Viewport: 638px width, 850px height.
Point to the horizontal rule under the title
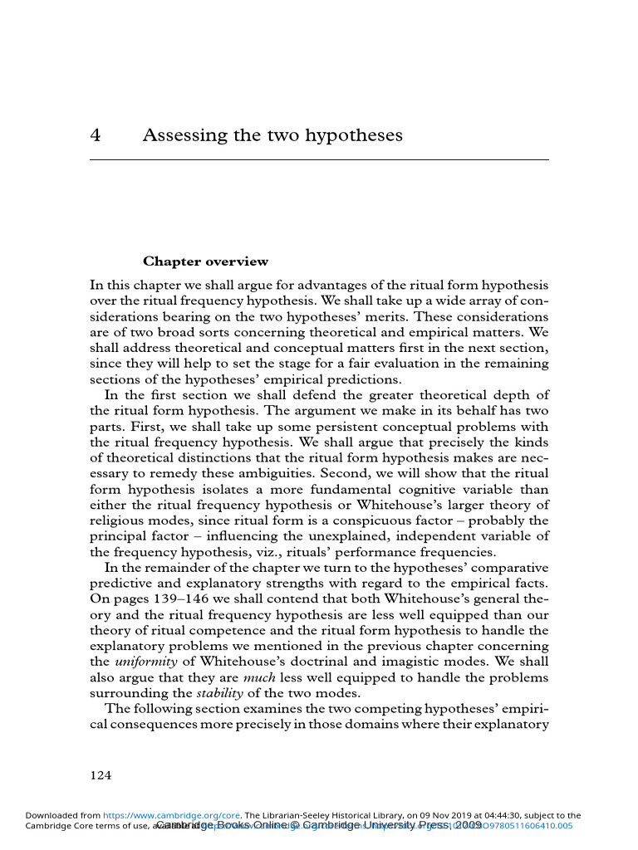tap(319, 159)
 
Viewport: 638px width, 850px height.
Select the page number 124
tap(101, 775)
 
